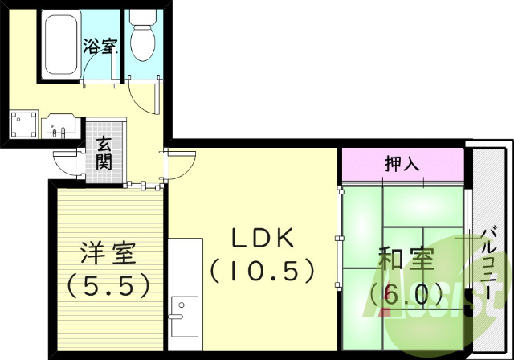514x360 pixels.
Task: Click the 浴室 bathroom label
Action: [98, 46]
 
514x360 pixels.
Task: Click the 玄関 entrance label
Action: [104, 153]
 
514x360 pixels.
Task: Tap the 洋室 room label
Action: [108, 255]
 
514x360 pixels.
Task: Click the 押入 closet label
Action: [402, 165]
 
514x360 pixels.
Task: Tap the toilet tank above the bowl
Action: [142, 17]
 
